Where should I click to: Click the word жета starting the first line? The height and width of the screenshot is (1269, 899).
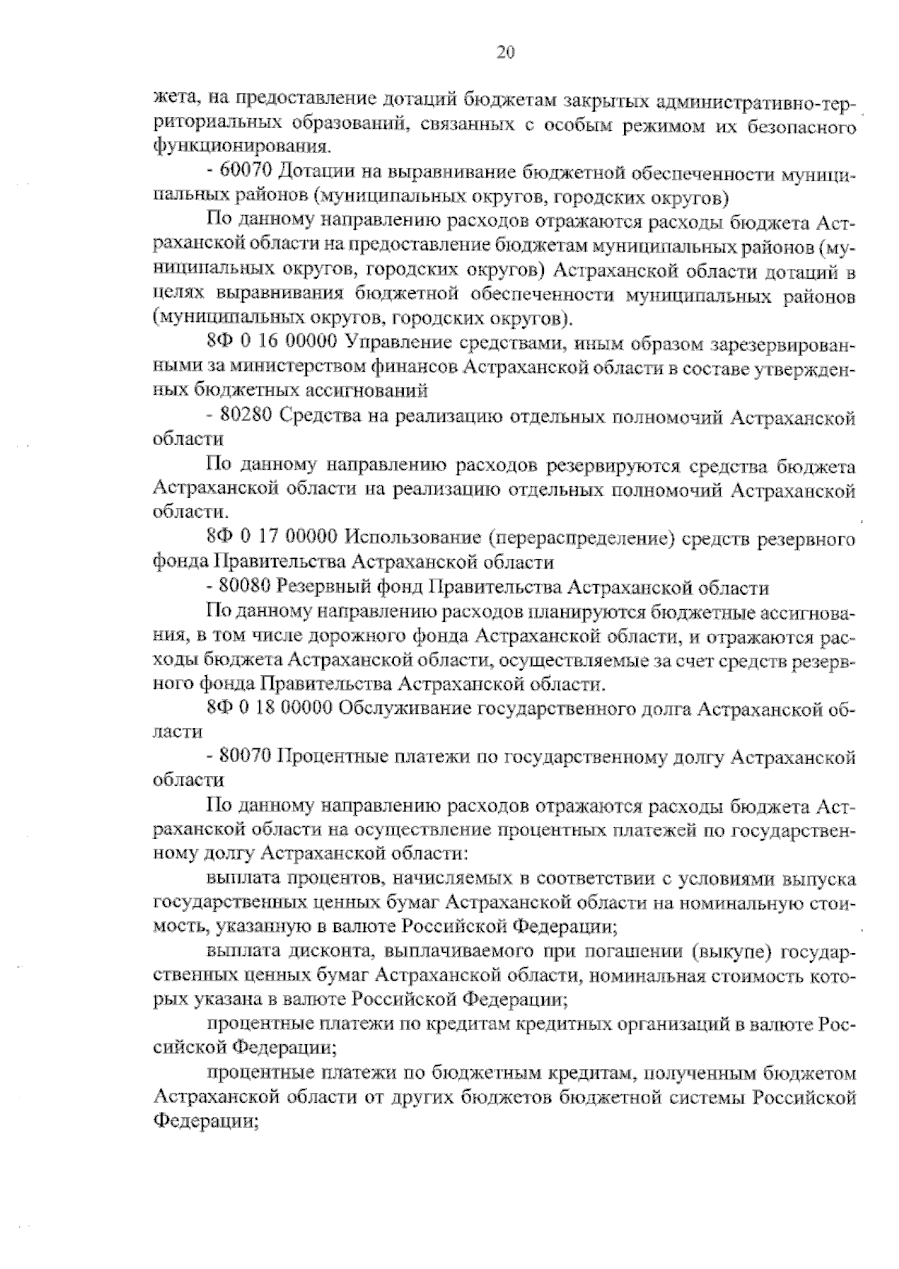(173, 101)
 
